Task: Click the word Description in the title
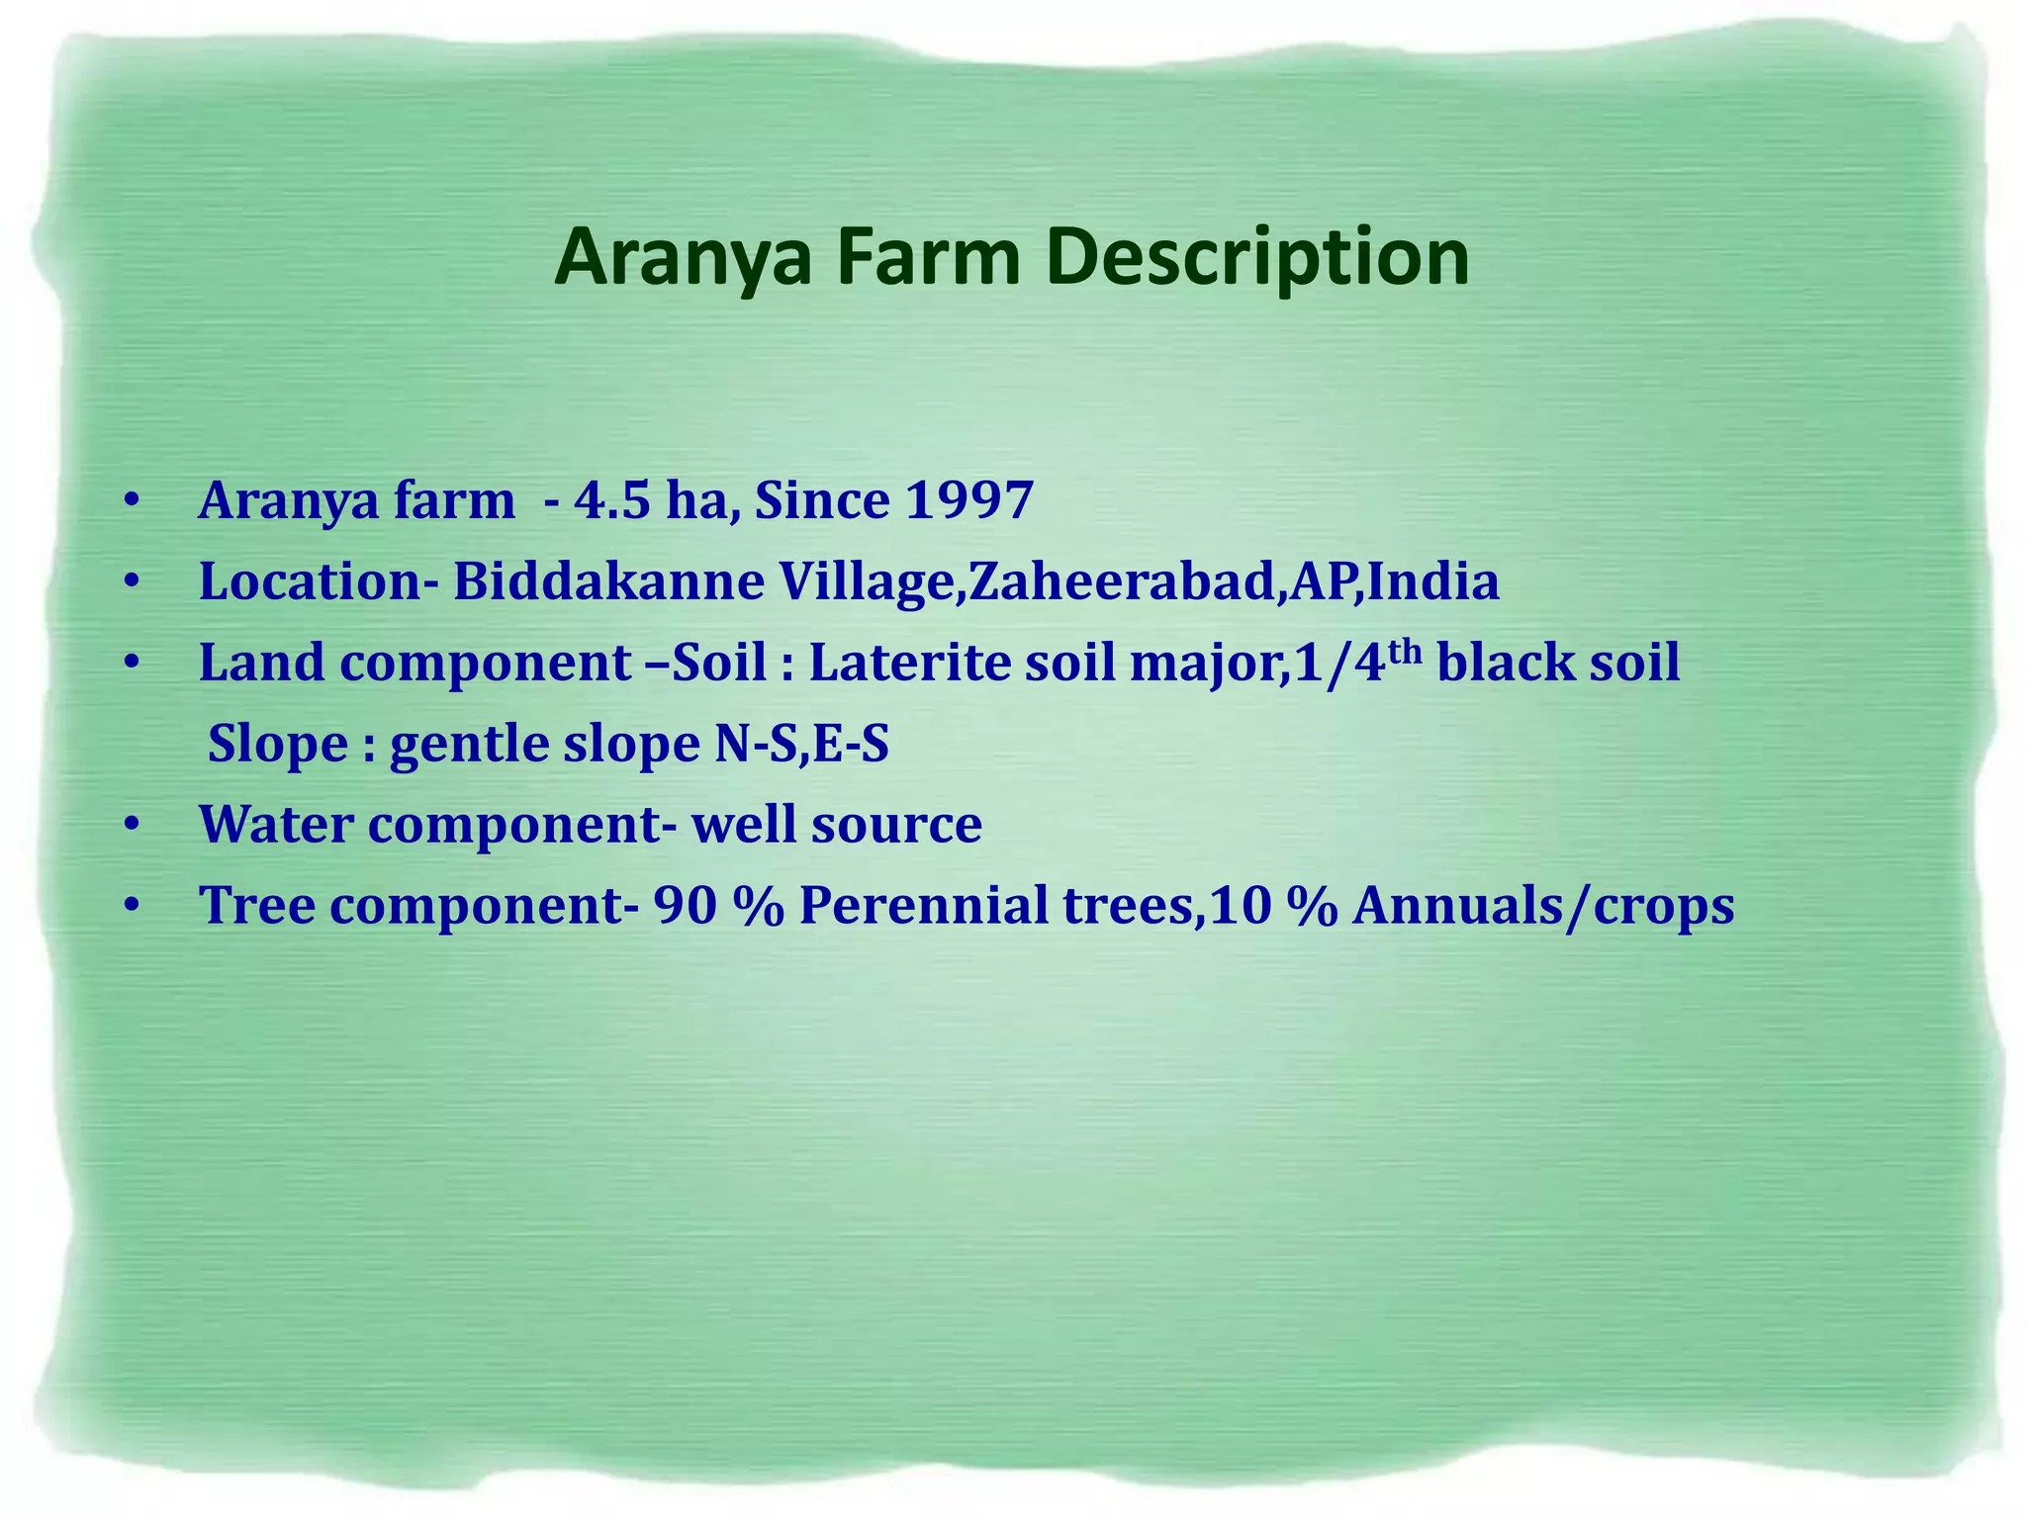click(1256, 259)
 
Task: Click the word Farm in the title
click(928, 257)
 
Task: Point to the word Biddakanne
click(608, 581)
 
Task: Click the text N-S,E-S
click(801, 744)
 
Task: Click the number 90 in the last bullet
click(685, 906)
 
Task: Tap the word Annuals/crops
click(1542, 906)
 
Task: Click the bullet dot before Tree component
click(133, 906)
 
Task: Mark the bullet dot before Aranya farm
click(133, 500)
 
